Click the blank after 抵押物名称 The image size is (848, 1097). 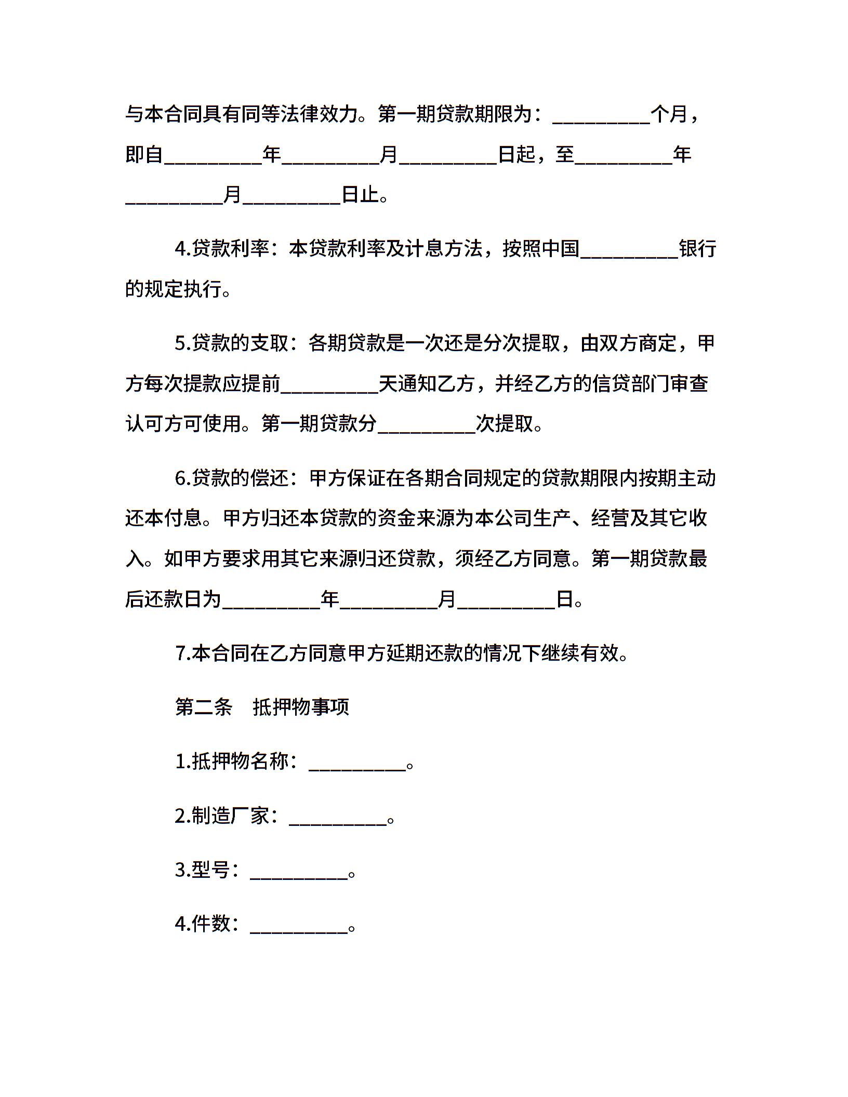[357, 762]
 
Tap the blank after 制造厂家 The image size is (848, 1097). [338, 817]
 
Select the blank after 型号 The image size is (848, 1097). [299, 871]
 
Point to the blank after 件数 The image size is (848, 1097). [299, 925]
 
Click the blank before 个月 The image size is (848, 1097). [601, 115]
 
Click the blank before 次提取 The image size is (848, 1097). [427, 425]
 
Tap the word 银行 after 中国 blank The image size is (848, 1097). [698, 249]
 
